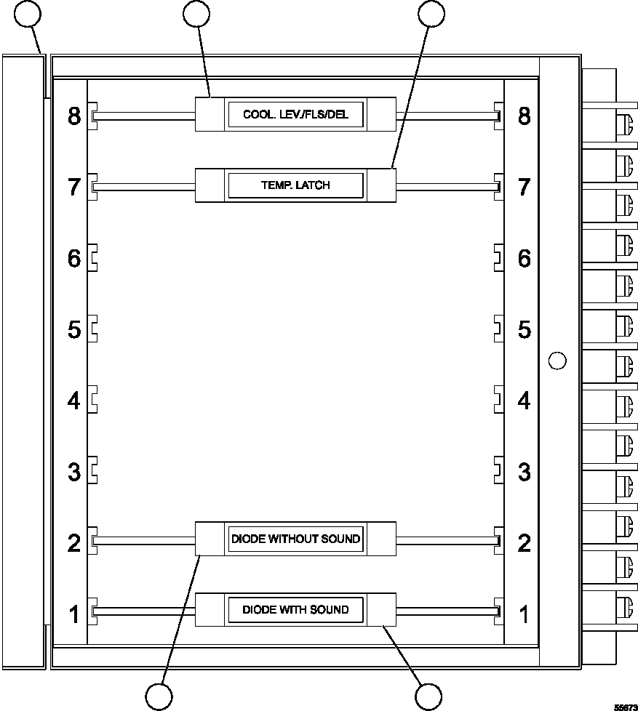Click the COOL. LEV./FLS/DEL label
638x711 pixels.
(x=295, y=115)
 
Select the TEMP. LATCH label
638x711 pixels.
(x=295, y=185)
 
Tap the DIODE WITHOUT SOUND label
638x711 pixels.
(x=295, y=539)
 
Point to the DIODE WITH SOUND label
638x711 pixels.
(x=295, y=609)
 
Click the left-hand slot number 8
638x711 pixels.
(x=73, y=116)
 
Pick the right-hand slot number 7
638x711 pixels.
(x=524, y=186)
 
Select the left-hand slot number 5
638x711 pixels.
(x=73, y=329)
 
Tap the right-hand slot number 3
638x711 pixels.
(x=524, y=472)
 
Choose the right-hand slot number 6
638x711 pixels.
(x=524, y=258)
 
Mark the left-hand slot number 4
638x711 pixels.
(x=73, y=401)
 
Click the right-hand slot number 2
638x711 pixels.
(x=524, y=543)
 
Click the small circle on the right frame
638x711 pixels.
(x=557, y=360)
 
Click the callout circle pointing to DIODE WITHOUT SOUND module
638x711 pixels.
(x=159, y=696)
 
